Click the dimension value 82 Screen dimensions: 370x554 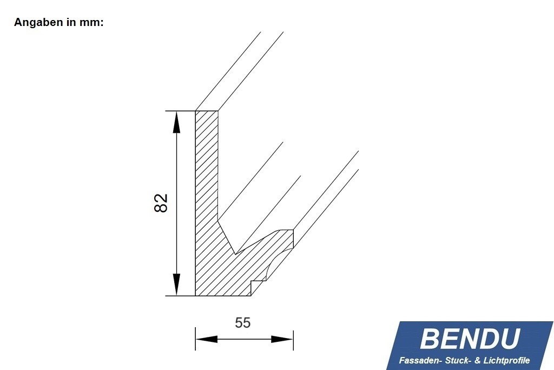click(x=161, y=203)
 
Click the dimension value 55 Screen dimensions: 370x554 click(x=243, y=323)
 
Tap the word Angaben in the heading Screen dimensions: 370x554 click(x=36, y=23)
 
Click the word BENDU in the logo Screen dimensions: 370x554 click(x=470, y=339)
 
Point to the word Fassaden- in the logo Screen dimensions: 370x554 click(x=420, y=360)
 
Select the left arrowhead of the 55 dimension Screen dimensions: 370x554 click(x=206, y=339)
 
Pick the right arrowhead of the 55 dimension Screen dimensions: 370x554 click(x=282, y=339)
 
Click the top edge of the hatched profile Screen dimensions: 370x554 click(x=206, y=111)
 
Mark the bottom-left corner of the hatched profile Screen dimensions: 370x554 click(x=195, y=296)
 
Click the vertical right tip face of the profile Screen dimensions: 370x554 click(x=293, y=239)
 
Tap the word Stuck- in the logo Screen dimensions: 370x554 click(x=456, y=360)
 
